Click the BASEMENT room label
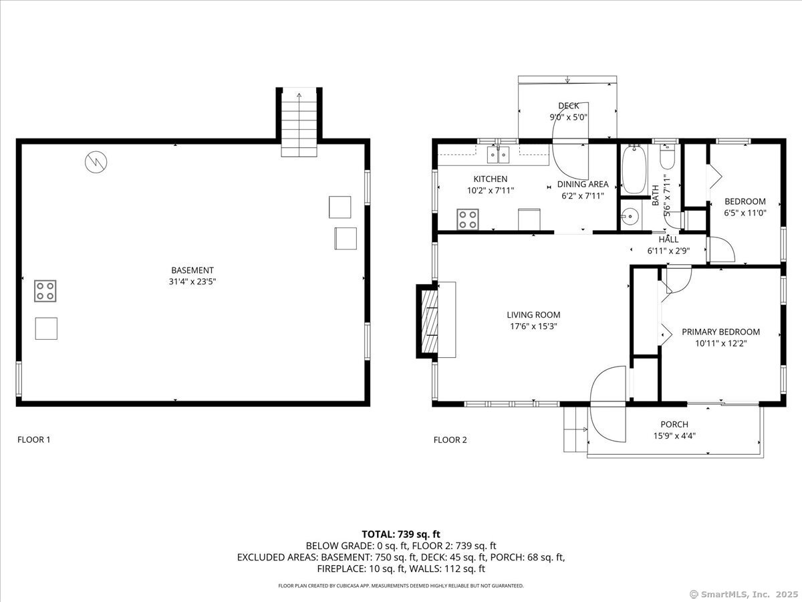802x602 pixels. click(192, 270)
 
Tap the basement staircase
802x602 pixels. click(299, 124)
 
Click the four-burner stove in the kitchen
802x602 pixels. click(468, 219)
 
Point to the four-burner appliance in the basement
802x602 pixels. click(45, 291)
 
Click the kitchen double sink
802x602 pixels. click(498, 155)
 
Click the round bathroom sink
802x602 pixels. click(628, 217)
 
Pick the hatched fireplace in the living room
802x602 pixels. click(428, 319)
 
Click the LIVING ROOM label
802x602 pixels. click(533, 315)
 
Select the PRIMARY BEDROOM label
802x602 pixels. click(720, 332)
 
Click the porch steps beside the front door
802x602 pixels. click(575, 428)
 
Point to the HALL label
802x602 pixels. click(668, 239)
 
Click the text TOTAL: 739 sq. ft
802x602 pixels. click(401, 534)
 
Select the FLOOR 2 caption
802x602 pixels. click(450, 439)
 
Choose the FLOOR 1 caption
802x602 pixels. click(33, 439)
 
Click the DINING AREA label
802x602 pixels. click(583, 184)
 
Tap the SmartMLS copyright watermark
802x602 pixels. click(742, 594)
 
